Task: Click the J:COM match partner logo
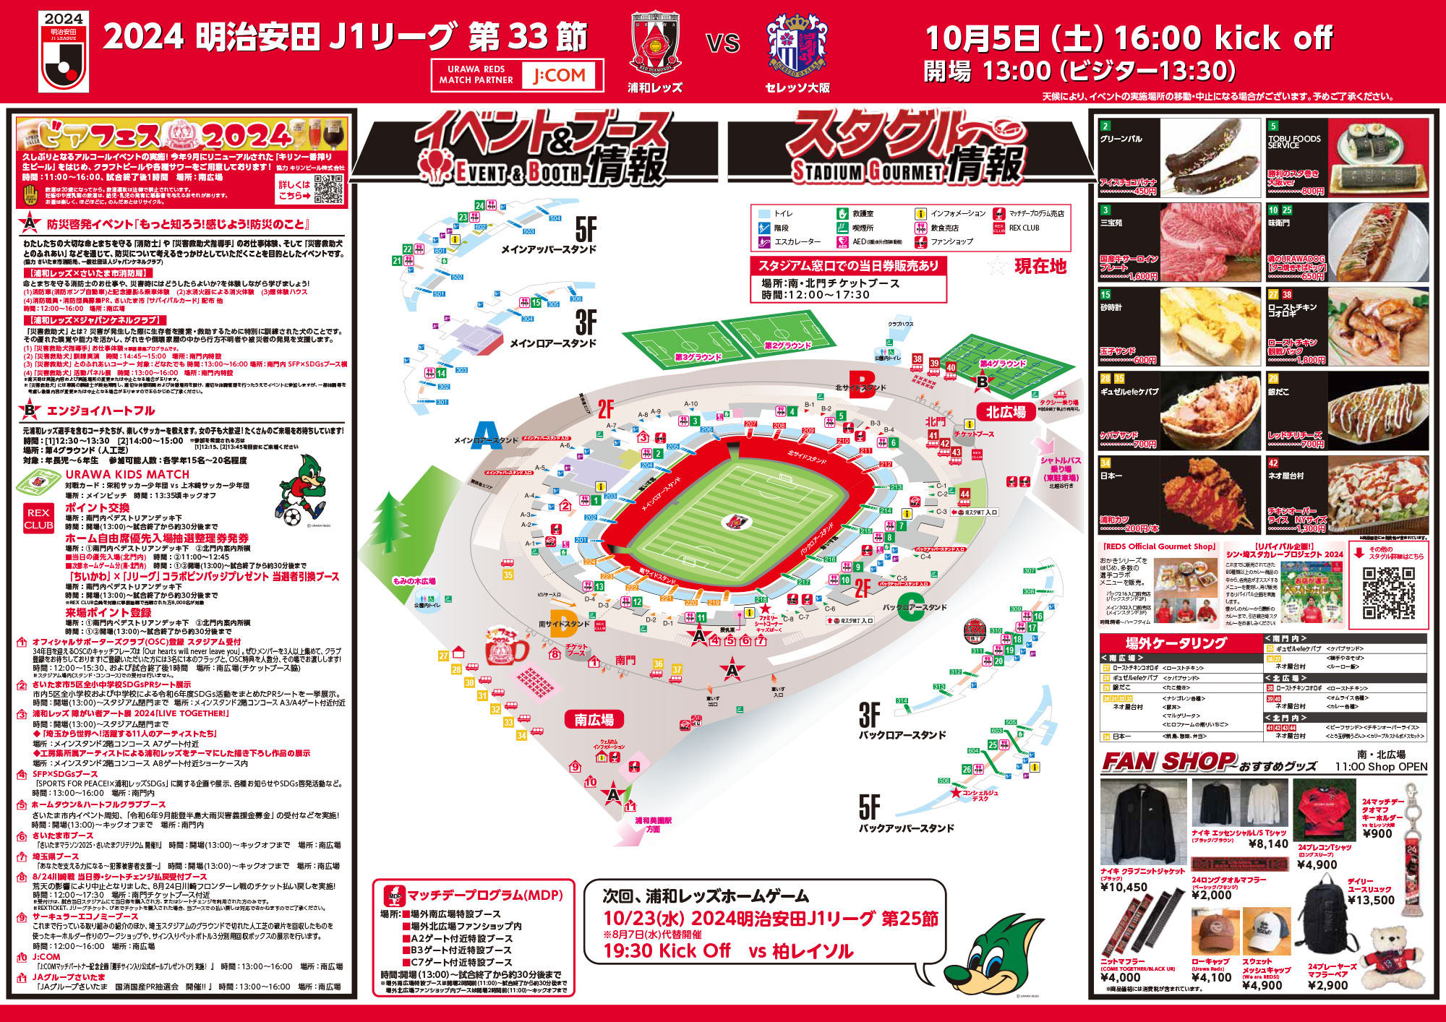560,75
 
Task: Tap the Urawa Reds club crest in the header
654,44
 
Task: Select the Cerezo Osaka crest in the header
797,44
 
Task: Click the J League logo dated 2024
64,51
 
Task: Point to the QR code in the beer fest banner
329,188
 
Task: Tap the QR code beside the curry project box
1389,593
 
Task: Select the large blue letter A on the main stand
486,435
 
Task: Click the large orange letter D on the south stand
563,624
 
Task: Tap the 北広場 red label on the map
1006,412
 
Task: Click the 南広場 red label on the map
594,720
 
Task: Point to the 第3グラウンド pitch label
698,357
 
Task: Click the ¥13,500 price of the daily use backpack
1371,900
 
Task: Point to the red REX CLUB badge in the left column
38,518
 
